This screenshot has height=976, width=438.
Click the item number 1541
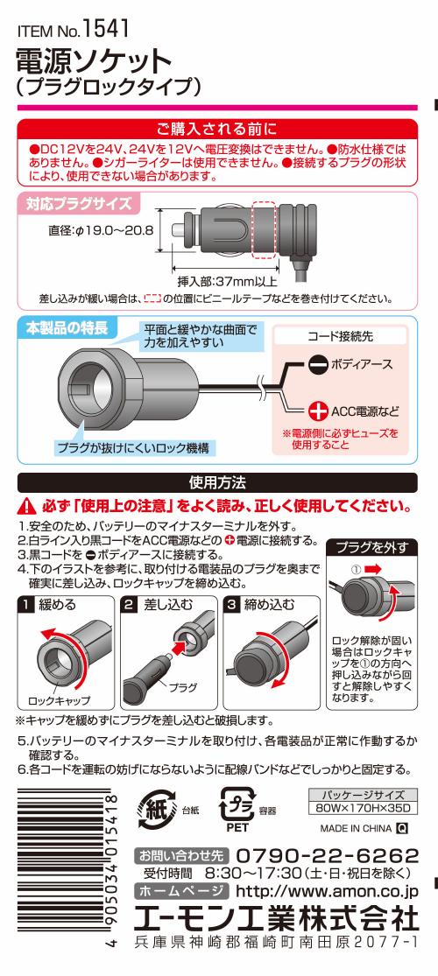pos(106,29)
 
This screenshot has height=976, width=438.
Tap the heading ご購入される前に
pos(217,130)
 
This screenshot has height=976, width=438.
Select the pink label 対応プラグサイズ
pos(79,204)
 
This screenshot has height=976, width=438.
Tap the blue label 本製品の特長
pos(68,328)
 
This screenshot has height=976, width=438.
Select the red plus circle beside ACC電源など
pos(318,411)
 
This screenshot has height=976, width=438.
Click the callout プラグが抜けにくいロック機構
pos(133,447)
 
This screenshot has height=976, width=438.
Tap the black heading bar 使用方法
pos(217,482)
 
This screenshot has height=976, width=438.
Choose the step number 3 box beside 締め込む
pos(233,604)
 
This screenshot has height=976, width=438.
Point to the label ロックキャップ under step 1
pos(60,699)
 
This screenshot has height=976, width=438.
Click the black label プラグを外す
pos(372,548)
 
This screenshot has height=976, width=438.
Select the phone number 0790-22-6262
pos(328,854)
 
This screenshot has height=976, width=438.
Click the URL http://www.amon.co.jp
pos(328,890)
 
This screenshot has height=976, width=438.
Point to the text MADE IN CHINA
pos(356,828)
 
